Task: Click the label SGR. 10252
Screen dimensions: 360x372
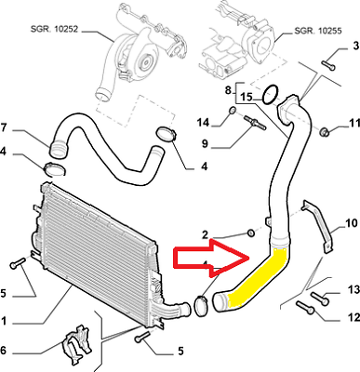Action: [x=54, y=29]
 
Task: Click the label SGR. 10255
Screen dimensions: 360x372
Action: [x=318, y=31]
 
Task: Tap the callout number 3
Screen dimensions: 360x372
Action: [x=355, y=46]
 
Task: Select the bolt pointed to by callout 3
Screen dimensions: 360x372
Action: [x=328, y=65]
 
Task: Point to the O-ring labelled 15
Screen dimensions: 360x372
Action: [x=270, y=95]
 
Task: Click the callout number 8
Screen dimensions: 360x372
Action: [x=228, y=90]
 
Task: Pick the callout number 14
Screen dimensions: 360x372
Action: [x=204, y=123]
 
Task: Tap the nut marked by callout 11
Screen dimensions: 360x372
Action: [x=324, y=132]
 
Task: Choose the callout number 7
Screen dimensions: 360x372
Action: [x=3, y=127]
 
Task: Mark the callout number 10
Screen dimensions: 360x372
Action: [x=352, y=222]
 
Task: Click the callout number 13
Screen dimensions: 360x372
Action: [x=353, y=290]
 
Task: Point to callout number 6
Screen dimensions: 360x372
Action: [x=3, y=350]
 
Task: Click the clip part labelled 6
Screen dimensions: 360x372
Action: [x=75, y=343]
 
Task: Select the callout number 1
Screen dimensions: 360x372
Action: [x=3, y=321]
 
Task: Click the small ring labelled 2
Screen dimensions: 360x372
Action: [x=251, y=232]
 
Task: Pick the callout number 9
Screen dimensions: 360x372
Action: [x=205, y=144]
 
